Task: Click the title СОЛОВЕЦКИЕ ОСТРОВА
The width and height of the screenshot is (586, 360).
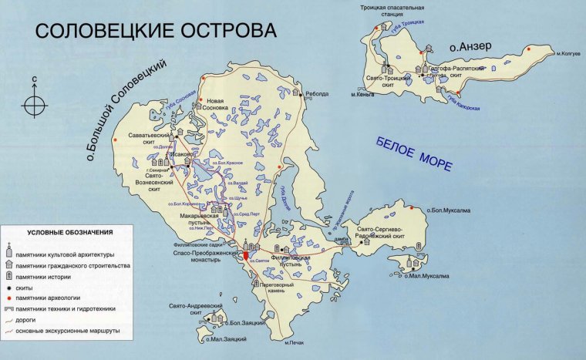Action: point(155,32)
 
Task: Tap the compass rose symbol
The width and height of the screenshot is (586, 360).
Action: point(35,104)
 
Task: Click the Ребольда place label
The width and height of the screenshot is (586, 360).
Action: point(317,94)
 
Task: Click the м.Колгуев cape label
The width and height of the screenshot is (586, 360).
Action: point(567,53)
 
